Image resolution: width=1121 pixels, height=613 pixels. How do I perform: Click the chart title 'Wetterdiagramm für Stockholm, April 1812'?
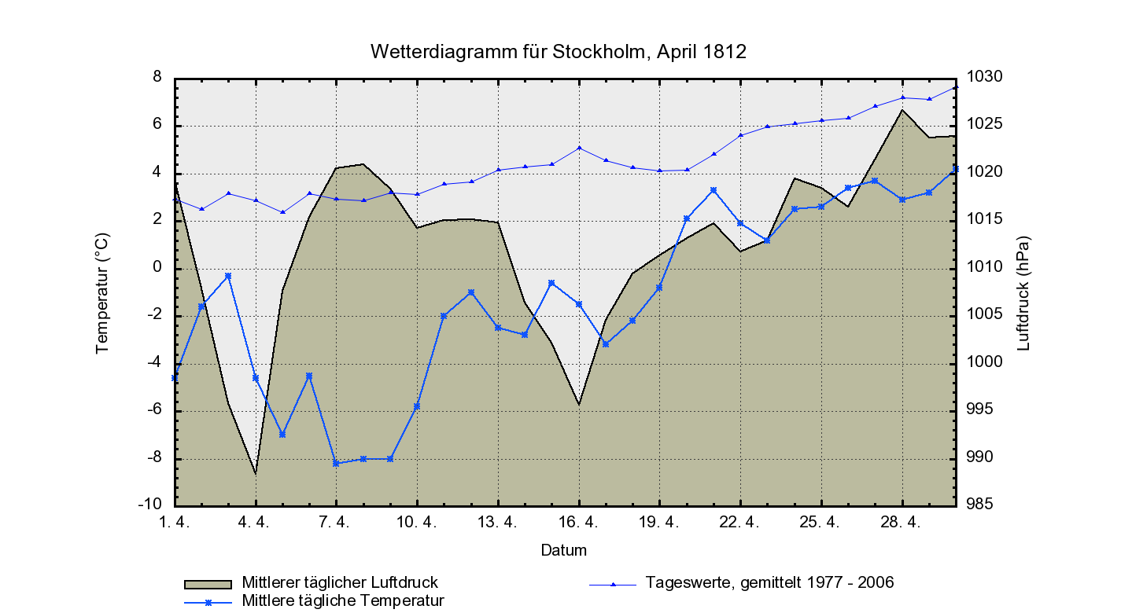pos(558,52)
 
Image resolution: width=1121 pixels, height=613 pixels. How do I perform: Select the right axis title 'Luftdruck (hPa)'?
pos(1023,292)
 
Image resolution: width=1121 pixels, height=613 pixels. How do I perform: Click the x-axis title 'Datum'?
pos(563,550)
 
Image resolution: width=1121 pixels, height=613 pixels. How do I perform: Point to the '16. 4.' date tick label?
pos(579,522)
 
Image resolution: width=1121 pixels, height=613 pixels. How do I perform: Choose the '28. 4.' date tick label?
pos(902,522)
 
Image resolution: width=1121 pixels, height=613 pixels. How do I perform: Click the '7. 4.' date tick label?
pos(337,522)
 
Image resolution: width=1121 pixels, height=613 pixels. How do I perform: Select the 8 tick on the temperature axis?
pos(157,77)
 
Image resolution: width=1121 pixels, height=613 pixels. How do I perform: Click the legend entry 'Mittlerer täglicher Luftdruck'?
pos(340,583)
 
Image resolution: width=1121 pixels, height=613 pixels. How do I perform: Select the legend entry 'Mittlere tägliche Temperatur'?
pos(343,601)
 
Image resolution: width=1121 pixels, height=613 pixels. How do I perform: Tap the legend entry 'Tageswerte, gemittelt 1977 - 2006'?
pos(769,583)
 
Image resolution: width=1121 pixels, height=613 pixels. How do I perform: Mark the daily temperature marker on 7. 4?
pos(336,464)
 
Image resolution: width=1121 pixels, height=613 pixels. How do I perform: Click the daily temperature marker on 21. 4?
pos(714,190)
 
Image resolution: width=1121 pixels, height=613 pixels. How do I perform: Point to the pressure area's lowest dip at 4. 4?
pos(256,474)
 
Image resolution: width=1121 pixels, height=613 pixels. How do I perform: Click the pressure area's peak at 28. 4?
pos(903,110)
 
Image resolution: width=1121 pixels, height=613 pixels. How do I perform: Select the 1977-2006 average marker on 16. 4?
pos(579,148)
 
